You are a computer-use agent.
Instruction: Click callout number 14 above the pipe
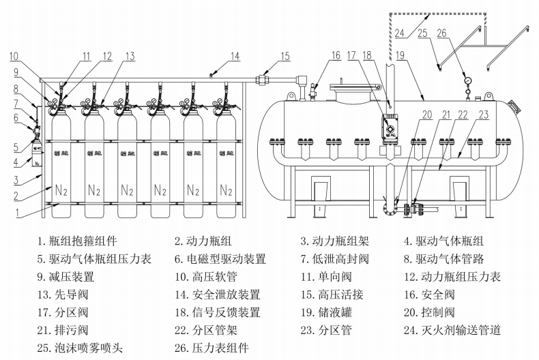pos(235,56)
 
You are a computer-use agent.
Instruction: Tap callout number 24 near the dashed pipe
pos(400,32)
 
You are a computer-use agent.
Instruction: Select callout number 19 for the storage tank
pos(399,56)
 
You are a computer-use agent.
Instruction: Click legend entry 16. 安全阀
pos(431,277)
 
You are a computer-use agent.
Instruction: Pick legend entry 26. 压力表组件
pos(212,348)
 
